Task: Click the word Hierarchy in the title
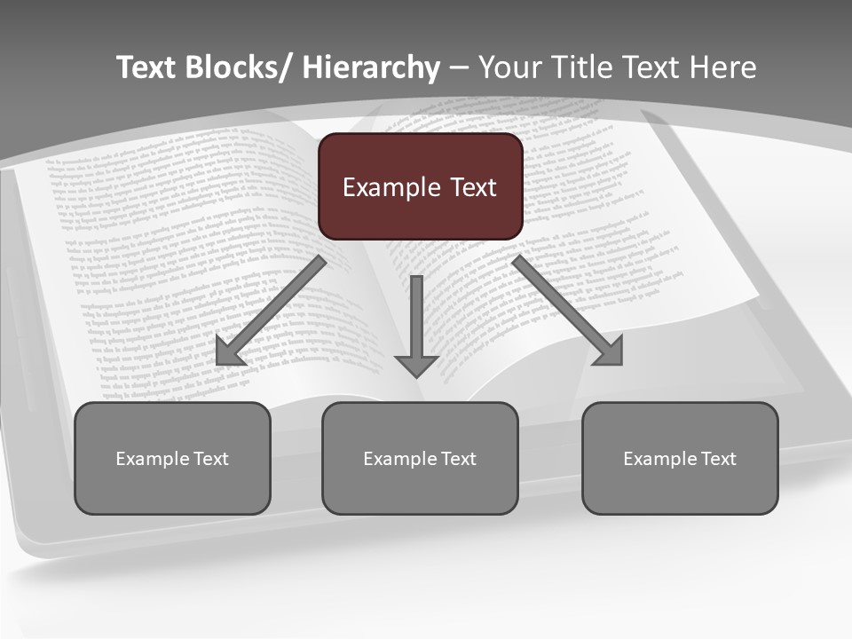(x=371, y=67)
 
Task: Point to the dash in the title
(x=459, y=68)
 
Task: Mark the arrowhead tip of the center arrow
(x=416, y=375)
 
